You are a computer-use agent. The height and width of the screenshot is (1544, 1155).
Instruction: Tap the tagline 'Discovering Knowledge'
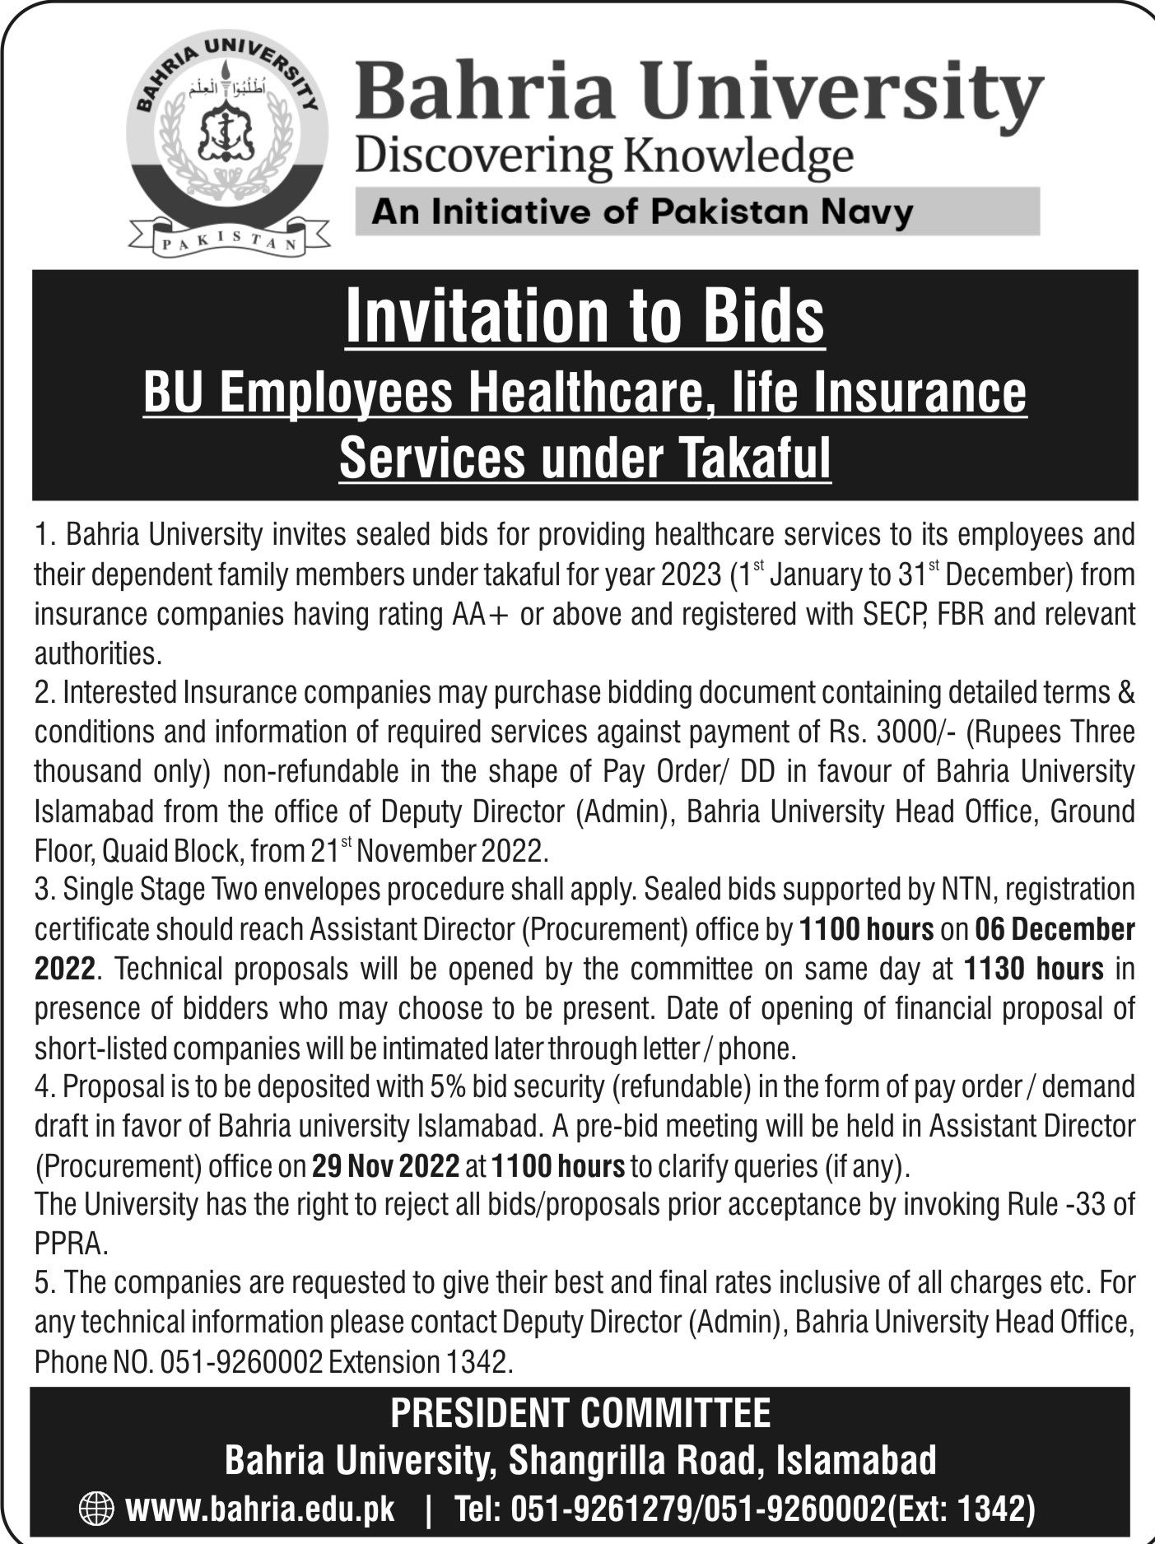pos(603,155)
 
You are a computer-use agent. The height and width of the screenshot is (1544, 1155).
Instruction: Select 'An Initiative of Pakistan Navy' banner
pos(643,212)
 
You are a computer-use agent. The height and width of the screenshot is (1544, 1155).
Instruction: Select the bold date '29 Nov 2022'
pos(385,1167)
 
